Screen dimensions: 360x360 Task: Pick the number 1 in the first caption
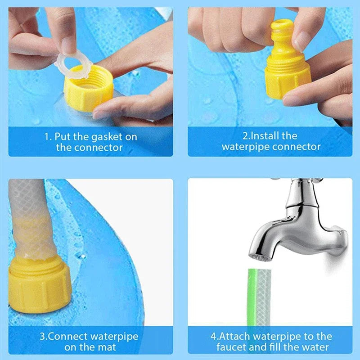click(46, 136)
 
